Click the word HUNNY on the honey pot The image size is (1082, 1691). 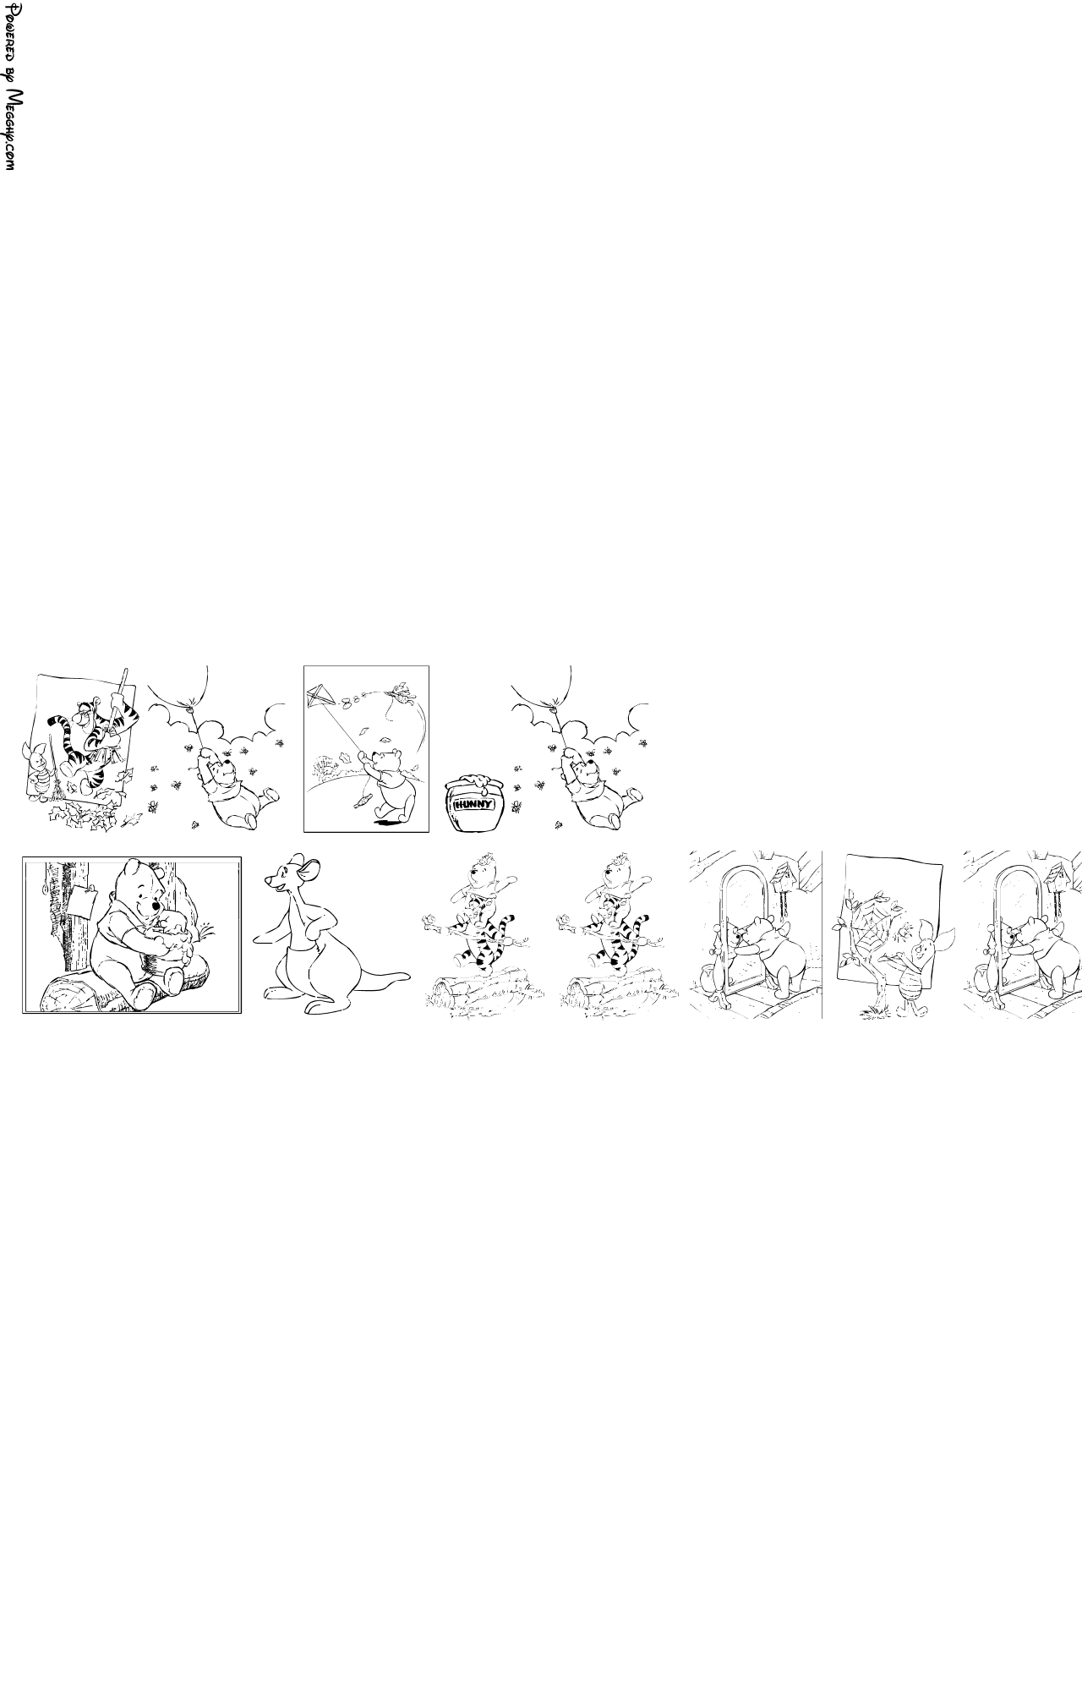point(473,804)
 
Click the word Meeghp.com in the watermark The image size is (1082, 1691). point(12,131)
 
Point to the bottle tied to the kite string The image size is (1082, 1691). point(362,800)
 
